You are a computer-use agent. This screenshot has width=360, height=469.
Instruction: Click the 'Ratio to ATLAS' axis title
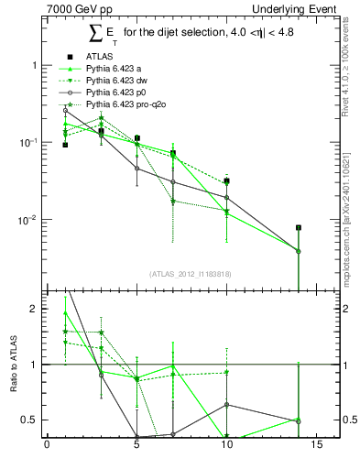15,365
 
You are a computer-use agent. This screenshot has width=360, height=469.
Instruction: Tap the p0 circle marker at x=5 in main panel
136,169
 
